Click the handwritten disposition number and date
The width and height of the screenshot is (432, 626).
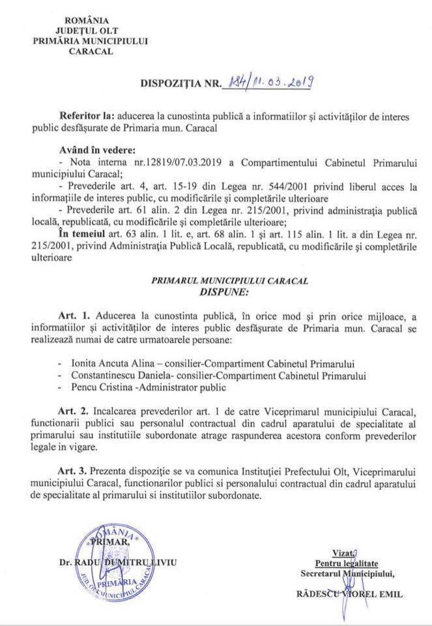click(269, 82)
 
